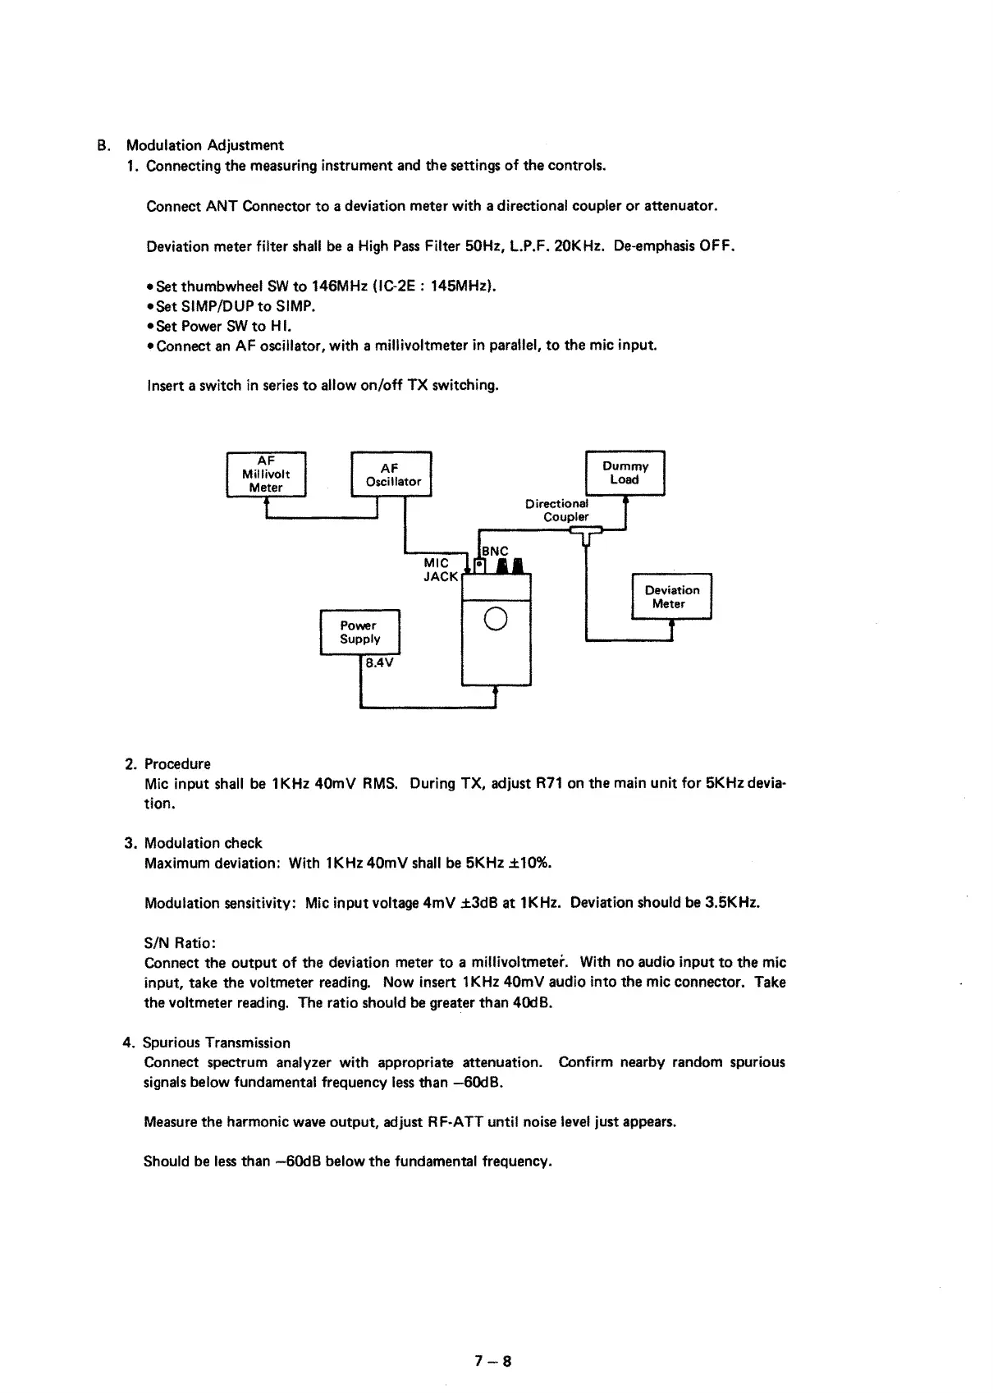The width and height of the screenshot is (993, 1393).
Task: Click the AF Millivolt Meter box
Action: [266, 474]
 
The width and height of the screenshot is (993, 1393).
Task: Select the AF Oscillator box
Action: [391, 474]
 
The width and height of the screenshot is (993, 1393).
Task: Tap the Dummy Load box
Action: [625, 473]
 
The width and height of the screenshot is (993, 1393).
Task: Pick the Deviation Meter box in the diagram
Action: [671, 597]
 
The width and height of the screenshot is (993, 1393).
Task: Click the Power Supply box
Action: [359, 632]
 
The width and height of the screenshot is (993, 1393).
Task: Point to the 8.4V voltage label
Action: [379, 662]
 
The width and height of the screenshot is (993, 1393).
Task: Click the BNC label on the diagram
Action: [495, 552]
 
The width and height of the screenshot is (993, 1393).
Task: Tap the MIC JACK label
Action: [440, 570]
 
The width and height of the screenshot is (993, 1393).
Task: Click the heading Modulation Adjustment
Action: [204, 145]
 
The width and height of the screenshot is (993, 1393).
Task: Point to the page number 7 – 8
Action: [492, 1361]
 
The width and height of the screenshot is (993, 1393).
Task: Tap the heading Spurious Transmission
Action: [217, 1042]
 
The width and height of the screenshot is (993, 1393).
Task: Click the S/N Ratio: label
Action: [180, 942]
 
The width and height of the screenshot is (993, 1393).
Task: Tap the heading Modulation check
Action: [204, 843]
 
